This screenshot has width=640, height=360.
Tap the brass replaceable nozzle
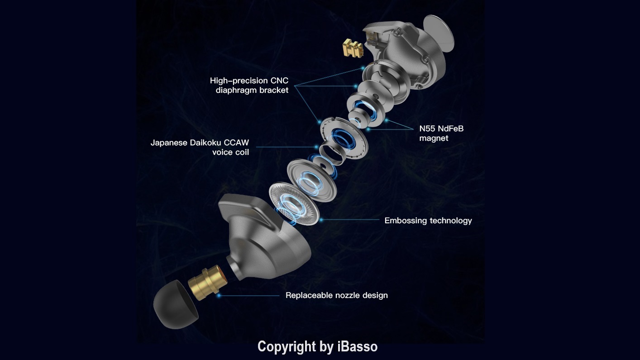tap(208, 283)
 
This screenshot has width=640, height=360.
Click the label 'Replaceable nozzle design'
tap(336, 295)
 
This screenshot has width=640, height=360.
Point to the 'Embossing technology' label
tap(428, 221)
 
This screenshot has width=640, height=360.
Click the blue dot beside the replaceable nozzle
tap(219, 295)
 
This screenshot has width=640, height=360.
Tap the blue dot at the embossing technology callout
tap(321, 220)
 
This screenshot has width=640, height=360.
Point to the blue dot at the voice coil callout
tap(317, 147)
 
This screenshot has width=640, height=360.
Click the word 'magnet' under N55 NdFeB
tap(434, 138)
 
